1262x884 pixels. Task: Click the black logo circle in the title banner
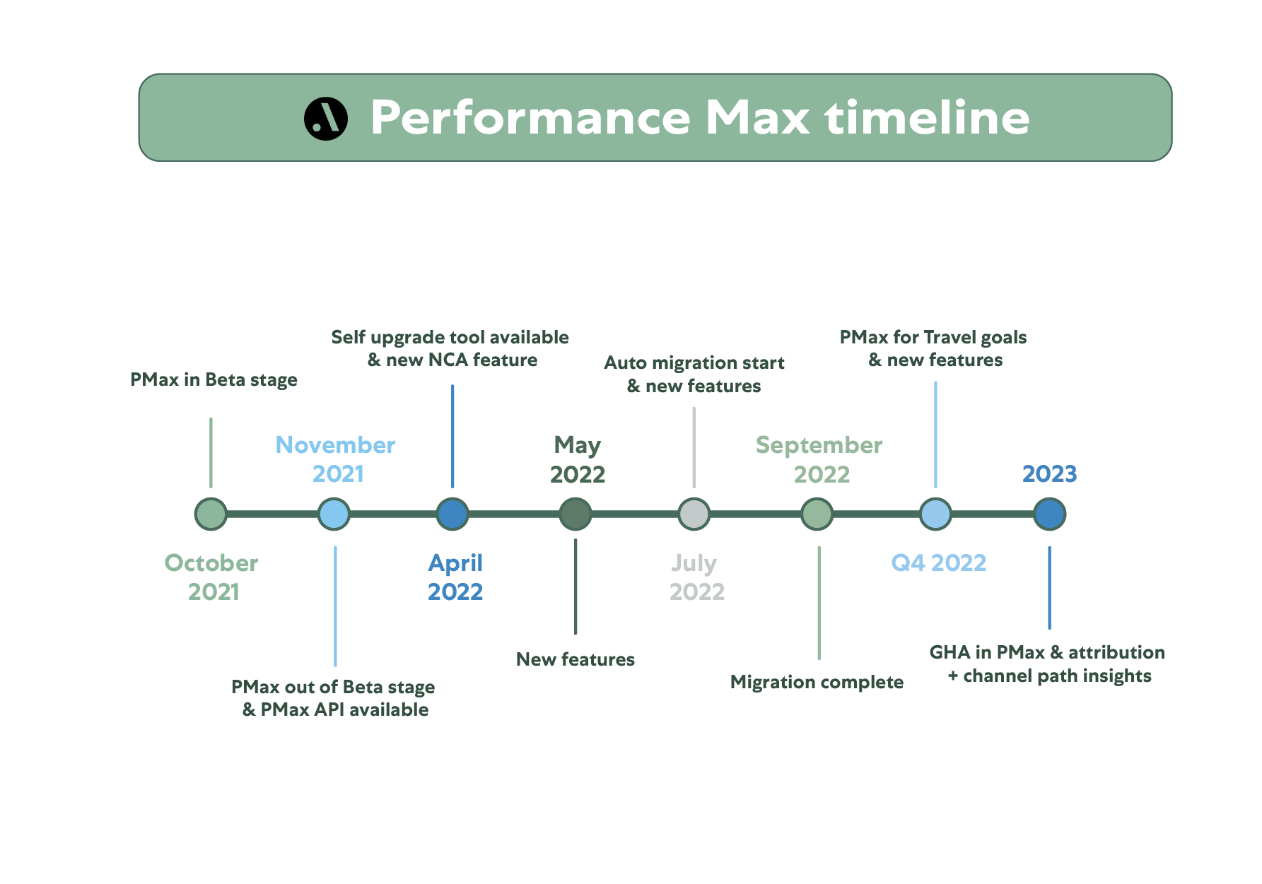coord(326,118)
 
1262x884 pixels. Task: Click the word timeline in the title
coord(927,117)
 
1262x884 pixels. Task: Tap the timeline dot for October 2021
coord(211,514)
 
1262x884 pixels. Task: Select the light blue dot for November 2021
coord(334,514)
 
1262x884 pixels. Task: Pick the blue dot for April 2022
coord(452,514)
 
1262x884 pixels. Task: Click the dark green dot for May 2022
coord(576,514)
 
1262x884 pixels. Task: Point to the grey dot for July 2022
coord(694,514)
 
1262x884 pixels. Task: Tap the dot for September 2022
coord(817,514)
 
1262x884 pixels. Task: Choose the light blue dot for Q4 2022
coord(935,514)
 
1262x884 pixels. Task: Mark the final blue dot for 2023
coord(1049,514)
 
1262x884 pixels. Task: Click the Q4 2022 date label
coord(938,562)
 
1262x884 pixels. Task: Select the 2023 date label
coord(1049,473)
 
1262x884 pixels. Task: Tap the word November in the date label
coord(335,444)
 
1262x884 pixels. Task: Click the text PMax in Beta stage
coord(214,380)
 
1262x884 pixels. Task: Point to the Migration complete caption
coord(817,682)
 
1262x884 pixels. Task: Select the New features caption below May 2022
coord(576,659)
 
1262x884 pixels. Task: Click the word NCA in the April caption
coord(448,360)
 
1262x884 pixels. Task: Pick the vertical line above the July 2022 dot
coord(694,447)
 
